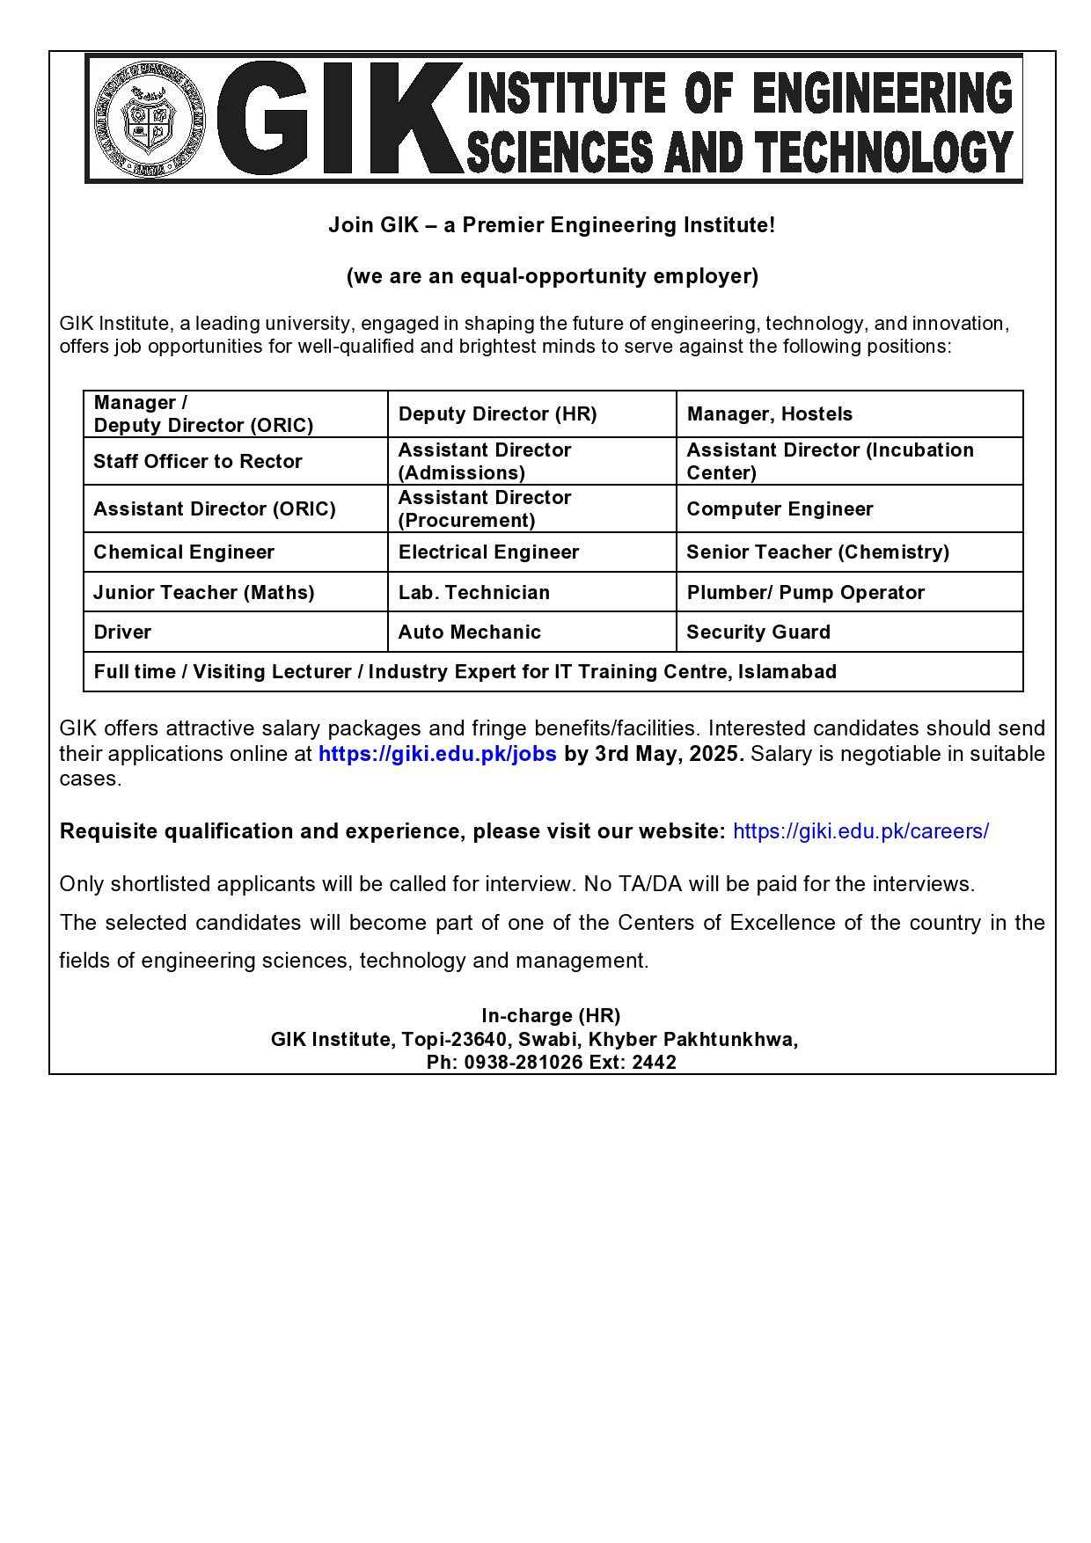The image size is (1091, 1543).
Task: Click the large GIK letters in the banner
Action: (339, 119)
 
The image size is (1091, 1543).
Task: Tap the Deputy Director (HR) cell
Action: (497, 414)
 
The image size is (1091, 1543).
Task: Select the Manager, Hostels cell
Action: (769, 414)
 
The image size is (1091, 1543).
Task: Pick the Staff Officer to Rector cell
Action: (198, 462)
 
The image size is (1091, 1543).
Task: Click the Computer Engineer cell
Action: (780, 509)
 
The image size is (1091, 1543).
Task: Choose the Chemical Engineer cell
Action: (184, 552)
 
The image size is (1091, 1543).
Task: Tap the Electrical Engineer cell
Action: (488, 552)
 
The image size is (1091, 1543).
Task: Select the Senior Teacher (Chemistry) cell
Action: (817, 552)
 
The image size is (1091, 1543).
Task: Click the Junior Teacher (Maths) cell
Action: (204, 593)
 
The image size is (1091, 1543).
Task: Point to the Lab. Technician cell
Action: (473, 593)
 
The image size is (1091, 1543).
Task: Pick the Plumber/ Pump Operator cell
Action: (805, 593)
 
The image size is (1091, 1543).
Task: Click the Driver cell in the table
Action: (122, 633)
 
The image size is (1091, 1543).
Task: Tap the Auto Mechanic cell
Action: (469, 633)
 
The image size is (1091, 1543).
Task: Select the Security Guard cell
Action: (758, 633)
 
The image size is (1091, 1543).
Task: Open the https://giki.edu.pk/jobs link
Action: (437, 754)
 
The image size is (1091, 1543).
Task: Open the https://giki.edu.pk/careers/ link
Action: (860, 831)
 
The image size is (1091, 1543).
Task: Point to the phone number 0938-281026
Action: (524, 1063)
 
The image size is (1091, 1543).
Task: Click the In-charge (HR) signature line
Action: (551, 1016)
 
